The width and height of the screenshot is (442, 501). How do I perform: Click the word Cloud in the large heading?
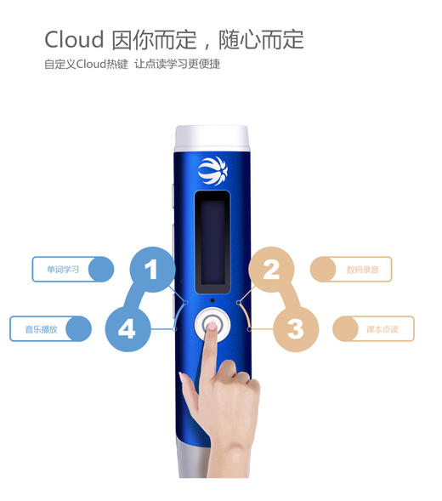pos(74,39)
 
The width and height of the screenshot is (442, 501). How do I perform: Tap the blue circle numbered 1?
pos(151,270)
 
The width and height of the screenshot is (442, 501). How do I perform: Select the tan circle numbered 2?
pos(271,270)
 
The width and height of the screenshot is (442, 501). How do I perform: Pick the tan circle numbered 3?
pos(295,328)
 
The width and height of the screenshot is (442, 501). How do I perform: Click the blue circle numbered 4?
pos(127,328)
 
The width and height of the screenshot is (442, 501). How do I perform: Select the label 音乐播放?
pos(41,328)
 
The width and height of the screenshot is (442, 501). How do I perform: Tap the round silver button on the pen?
pos(212,326)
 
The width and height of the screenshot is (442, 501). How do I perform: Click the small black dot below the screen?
pos(212,300)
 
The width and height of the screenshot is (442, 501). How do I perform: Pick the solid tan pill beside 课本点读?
pos(345,328)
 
